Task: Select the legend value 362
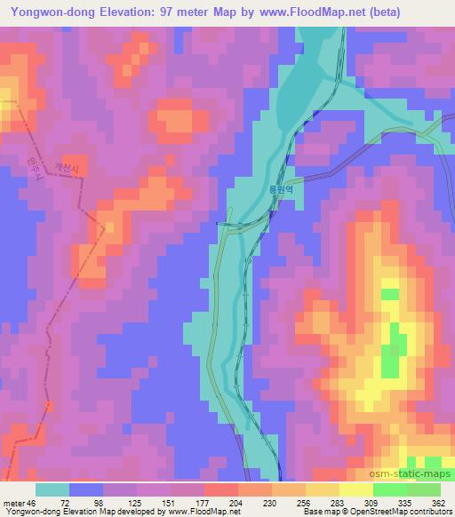click(437, 502)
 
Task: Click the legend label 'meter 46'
click(20, 502)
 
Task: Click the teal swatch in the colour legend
click(51, 489)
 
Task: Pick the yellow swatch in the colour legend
click(356, 489)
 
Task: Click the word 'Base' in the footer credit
click(311, 512)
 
